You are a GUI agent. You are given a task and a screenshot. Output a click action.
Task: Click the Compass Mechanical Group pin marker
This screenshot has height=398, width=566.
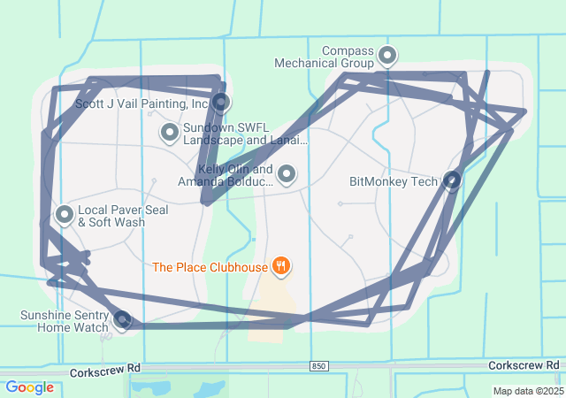386,56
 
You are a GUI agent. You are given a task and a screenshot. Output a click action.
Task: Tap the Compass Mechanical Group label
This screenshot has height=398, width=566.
325,57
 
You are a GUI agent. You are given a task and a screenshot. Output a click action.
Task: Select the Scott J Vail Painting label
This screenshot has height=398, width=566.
141,103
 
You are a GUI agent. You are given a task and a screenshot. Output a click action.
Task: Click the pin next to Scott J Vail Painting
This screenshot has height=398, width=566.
221,103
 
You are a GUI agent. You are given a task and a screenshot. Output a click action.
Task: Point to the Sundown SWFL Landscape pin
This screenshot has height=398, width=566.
169,133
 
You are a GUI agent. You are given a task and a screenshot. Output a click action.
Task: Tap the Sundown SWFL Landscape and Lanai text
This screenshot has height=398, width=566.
245,134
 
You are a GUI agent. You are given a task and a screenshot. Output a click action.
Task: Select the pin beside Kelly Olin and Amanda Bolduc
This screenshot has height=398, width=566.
287,174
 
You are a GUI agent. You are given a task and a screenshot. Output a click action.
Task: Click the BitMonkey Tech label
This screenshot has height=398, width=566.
394,182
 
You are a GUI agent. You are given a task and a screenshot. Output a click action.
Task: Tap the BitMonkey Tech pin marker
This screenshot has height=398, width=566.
452,180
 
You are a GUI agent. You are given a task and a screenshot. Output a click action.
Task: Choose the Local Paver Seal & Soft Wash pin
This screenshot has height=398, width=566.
65,214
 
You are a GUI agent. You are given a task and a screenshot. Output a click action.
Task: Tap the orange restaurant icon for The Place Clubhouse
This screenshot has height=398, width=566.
281,264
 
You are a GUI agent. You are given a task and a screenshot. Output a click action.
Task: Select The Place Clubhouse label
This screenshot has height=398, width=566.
210,266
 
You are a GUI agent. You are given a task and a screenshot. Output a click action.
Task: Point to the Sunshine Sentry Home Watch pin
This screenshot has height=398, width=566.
123,318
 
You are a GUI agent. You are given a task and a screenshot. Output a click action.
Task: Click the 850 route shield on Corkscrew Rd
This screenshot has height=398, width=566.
319,366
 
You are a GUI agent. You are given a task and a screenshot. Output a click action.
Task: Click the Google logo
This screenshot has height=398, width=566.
29,387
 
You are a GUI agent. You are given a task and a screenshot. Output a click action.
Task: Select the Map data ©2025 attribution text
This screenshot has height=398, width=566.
527,391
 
